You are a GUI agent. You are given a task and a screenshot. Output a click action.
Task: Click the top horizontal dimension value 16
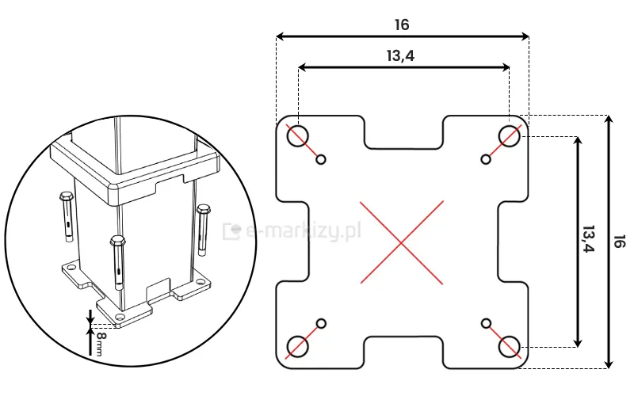coord(402,25)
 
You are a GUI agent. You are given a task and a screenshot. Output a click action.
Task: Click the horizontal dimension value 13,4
coord(402,55)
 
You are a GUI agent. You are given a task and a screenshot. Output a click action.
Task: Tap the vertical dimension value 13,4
coord(587,240)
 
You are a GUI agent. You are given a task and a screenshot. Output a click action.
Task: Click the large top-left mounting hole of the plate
coord(298,135)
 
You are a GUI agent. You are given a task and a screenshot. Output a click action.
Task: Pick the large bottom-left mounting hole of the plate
coord(298,346)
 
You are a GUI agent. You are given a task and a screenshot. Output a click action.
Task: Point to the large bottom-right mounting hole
coord(509,346)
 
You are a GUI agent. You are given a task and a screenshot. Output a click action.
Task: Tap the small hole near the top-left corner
coord(321,160)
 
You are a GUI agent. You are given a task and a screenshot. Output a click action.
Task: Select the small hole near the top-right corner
coord(486,160)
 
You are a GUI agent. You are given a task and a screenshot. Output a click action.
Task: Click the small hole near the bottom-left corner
coord(321,323)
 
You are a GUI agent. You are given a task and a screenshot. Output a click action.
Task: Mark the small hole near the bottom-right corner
coord(486,323)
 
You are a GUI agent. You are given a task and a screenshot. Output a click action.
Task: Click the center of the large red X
coord(403,242)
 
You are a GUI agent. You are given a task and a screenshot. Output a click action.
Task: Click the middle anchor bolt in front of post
coord(119,261)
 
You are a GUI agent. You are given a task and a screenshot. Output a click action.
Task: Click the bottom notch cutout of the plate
coord(403,351)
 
